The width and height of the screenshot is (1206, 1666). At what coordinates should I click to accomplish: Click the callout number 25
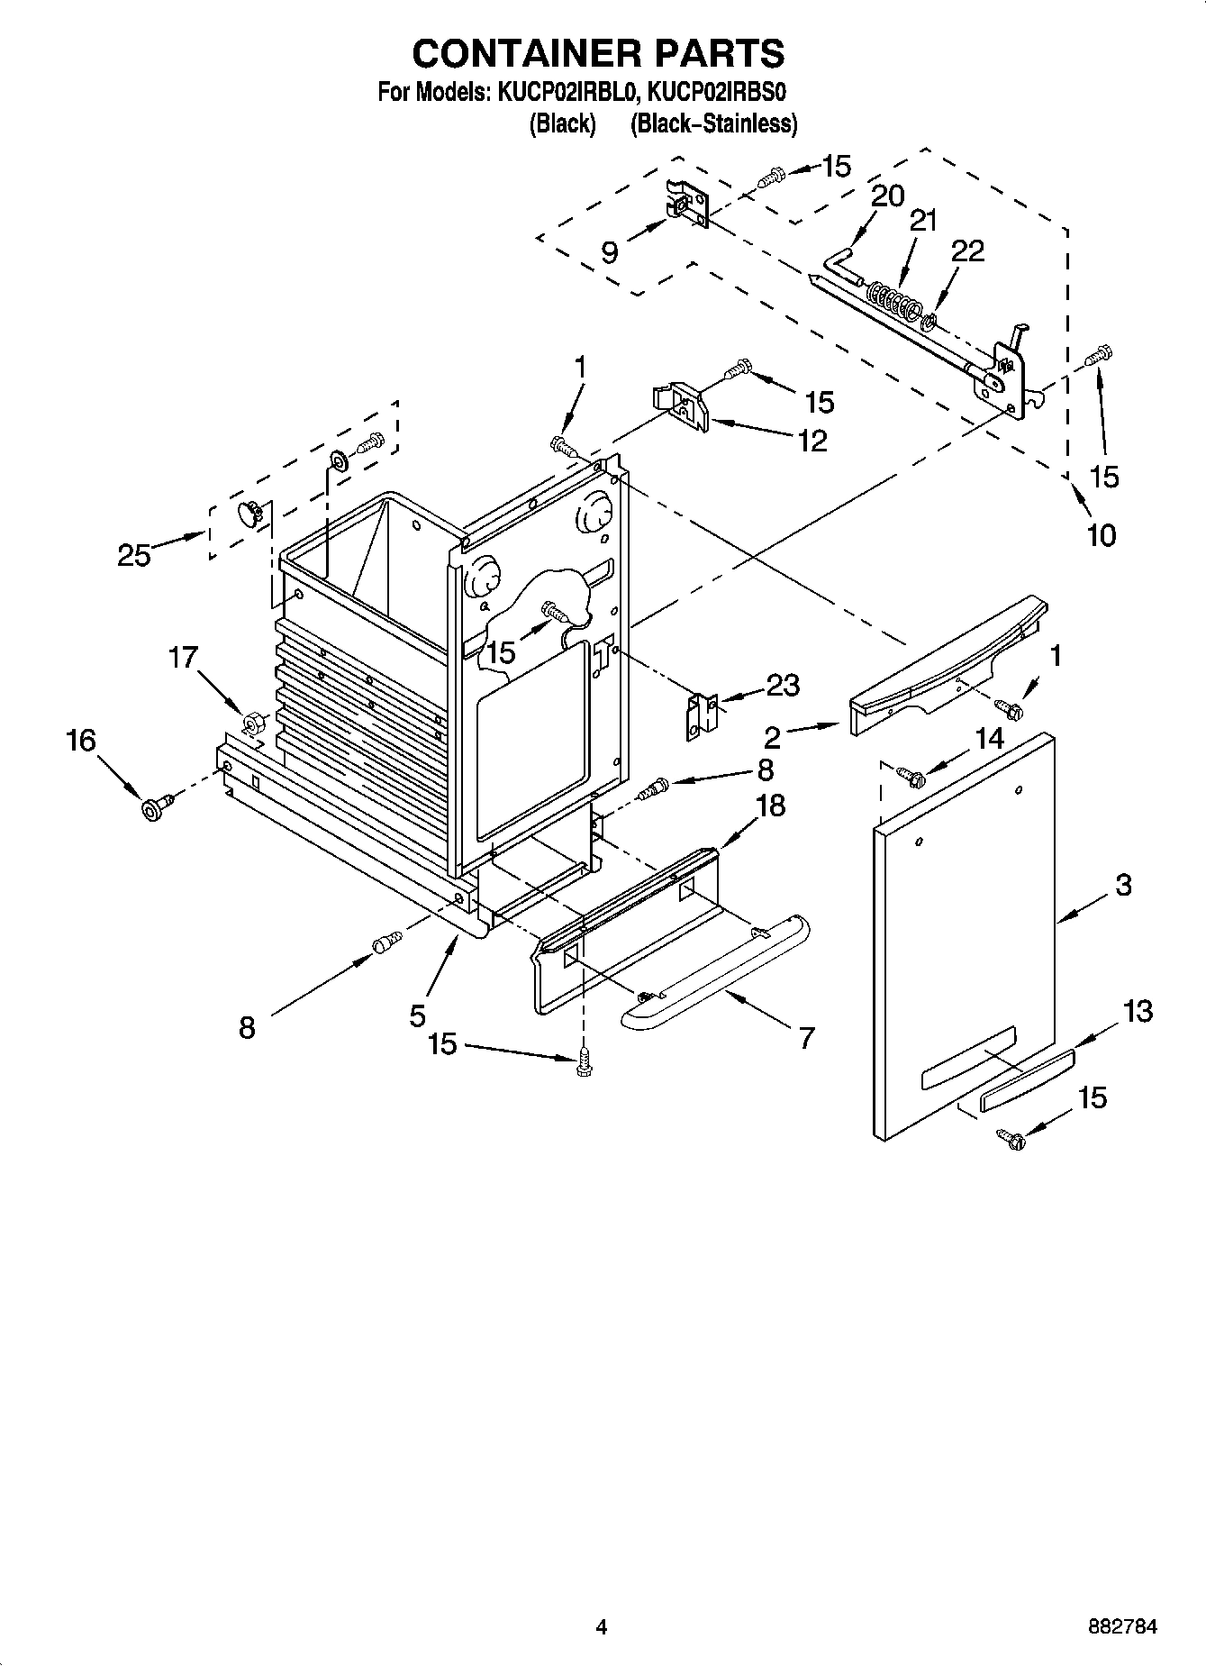point(133,555)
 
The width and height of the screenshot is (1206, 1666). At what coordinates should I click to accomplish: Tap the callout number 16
point(80,741)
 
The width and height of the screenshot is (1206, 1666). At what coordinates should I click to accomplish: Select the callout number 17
point(183,658)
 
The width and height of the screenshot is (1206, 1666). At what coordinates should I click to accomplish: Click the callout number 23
point(782,686)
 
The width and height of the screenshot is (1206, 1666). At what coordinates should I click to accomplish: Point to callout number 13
point(1138,1011)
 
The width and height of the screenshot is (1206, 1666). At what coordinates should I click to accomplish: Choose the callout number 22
point(967,251)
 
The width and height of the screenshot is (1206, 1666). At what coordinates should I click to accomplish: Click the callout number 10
point(1101,535)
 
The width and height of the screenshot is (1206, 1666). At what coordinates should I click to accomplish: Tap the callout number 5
point(417,1016)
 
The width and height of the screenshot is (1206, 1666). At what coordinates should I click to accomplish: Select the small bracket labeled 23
point(702,716)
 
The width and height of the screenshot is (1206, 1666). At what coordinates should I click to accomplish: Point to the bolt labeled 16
point(151,808)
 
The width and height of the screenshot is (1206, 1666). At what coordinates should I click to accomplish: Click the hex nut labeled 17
point(253,722)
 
